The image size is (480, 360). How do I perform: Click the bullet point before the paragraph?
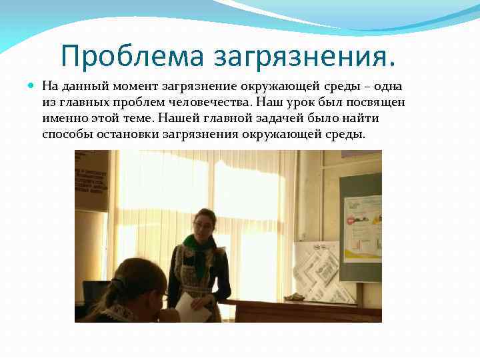coord(33,86)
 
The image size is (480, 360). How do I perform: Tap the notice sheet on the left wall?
coord(91,180)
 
